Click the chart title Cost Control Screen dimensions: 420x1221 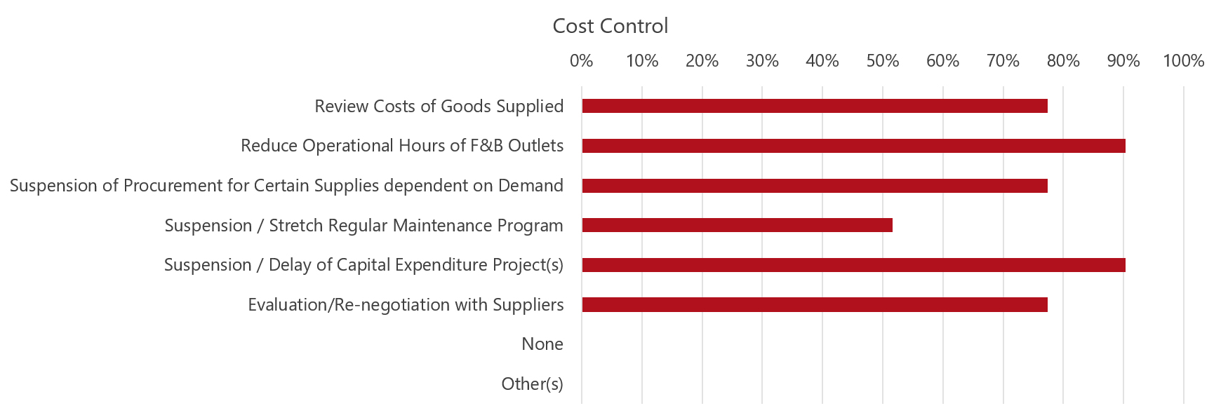pos(610,26)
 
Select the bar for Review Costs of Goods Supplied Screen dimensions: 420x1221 pos(814,106)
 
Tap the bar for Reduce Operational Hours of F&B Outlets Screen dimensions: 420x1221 pos(853,146)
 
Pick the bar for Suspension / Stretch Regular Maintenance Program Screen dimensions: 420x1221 pos(737,225)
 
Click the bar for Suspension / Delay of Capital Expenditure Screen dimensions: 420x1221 pos(853,265)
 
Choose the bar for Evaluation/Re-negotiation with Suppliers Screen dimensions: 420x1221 pos(814,304)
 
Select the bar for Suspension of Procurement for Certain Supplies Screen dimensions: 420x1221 pos(814,186)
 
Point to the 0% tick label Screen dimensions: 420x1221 pos(581,61)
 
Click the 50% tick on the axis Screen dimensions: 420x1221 pos(882,61)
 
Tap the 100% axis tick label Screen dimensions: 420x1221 pos(1183,61)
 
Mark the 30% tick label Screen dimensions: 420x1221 pos(762,61)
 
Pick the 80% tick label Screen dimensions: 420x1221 pos(1062,61)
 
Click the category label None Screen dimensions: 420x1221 pos(542,344)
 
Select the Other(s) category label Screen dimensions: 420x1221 pos(532,384)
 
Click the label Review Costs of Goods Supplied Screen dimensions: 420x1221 pos(439,107)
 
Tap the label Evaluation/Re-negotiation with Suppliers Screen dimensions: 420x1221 pos(406,305)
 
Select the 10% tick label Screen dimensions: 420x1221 pos(641,61)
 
